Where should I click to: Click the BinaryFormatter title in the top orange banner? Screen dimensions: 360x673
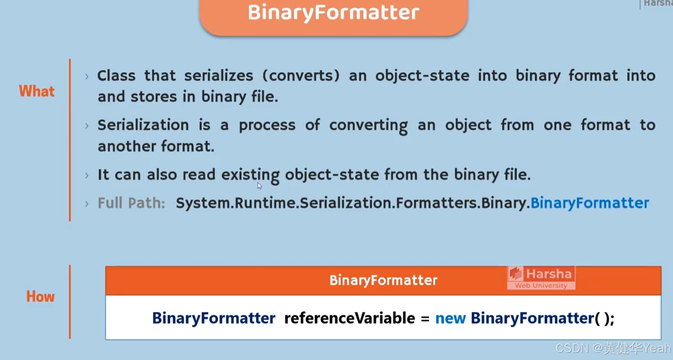tap(333, 12)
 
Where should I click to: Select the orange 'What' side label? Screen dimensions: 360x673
tap(36, 91)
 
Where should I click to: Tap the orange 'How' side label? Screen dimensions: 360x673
tap(40, 296)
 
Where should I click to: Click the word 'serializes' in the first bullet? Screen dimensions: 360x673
tap(219, 76)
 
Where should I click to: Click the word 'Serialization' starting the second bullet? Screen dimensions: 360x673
tap(143, 125)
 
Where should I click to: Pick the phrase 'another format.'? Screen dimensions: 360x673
tap(156, 147)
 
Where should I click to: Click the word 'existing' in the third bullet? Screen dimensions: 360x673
tap(250, 175)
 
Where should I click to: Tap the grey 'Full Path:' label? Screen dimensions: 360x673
tap(131, 203)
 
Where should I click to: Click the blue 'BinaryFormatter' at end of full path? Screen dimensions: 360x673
tap(590, 203)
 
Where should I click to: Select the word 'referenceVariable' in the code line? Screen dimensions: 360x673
tap(350, 318)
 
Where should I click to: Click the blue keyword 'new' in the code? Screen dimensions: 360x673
tap(450, 318)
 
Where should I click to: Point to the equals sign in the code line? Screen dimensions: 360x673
tap(425, 318)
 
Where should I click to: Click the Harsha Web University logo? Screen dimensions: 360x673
tap(541, 278)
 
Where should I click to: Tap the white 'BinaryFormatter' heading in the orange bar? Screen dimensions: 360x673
tap(383, 280)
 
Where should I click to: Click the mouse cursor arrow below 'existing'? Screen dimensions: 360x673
tap(259, 186)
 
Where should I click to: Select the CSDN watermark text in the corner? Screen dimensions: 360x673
tap(613, 348)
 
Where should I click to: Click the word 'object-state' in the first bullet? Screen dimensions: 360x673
tap(422, 76)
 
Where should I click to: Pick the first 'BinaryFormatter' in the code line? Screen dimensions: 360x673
tap(214, 318)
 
